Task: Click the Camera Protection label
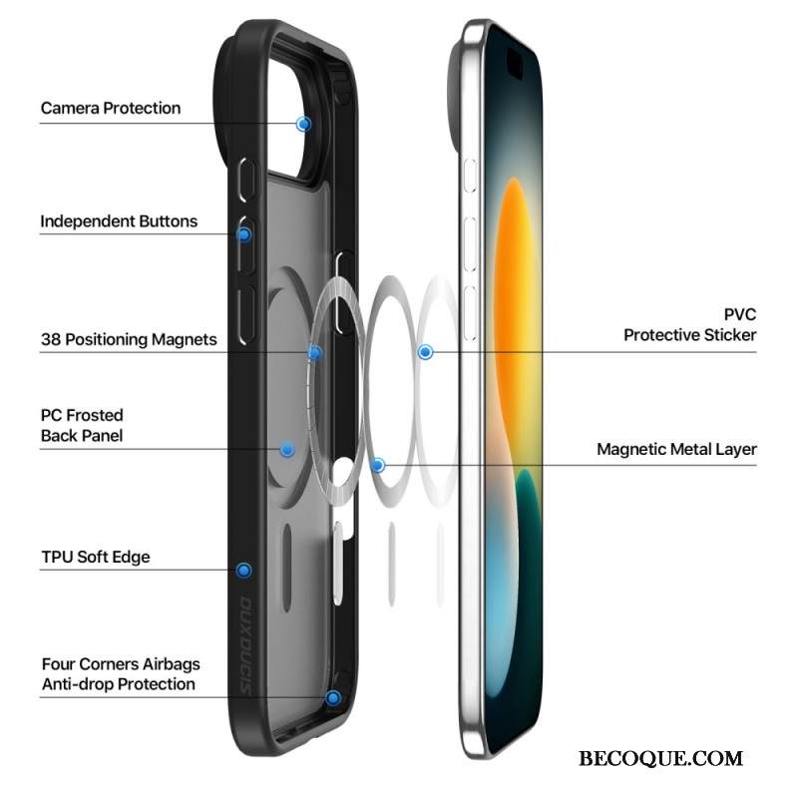(111, 109)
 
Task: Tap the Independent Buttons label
(119, 221)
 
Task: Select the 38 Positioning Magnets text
(129, 339)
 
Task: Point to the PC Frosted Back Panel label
(82, 426)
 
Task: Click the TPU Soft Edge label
(96, 557)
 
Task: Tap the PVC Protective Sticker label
(690, 325)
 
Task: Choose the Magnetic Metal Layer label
(677, 450)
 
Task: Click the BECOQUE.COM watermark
(660, 758)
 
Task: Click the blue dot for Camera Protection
(304, 124)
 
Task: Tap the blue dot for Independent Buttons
(243, 234)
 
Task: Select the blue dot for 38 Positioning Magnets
(315, 352)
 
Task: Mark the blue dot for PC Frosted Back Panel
(287, 450)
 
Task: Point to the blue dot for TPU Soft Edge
(243, 570)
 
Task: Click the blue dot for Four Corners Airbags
(333, 697)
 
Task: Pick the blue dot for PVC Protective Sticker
(426, 352)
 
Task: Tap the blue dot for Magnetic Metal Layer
(377, 465)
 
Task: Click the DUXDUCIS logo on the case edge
(245, 645)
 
